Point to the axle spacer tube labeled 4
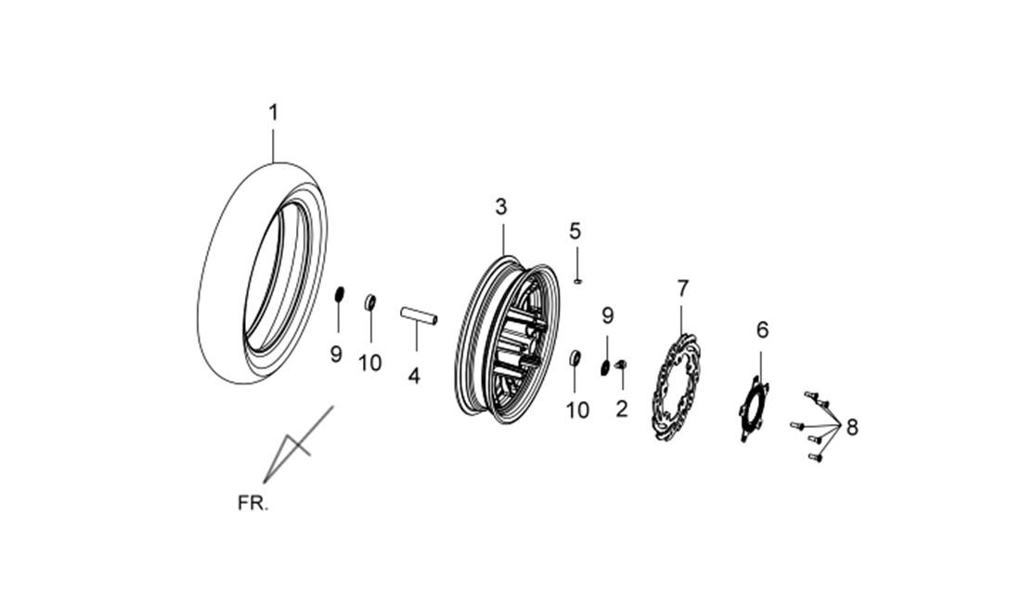(x=418, y=316)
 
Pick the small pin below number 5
(x=577, y=281)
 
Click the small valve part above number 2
(x=620, y=364)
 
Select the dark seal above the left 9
(x=339, y=294)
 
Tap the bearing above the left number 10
(x=369, y=303)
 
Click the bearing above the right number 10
(x=575, y=358)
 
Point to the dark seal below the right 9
(x=605, y=368)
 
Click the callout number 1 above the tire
(x=274, y=112)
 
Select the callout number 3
(x=500, y=207)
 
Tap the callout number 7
(x=682, y=288)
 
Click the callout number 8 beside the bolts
(x=852, y=428)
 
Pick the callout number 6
(x=762, y=330)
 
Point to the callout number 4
(x=414, y=376)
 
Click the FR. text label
(x=252, y=503)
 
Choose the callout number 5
(x=575, y=230)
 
